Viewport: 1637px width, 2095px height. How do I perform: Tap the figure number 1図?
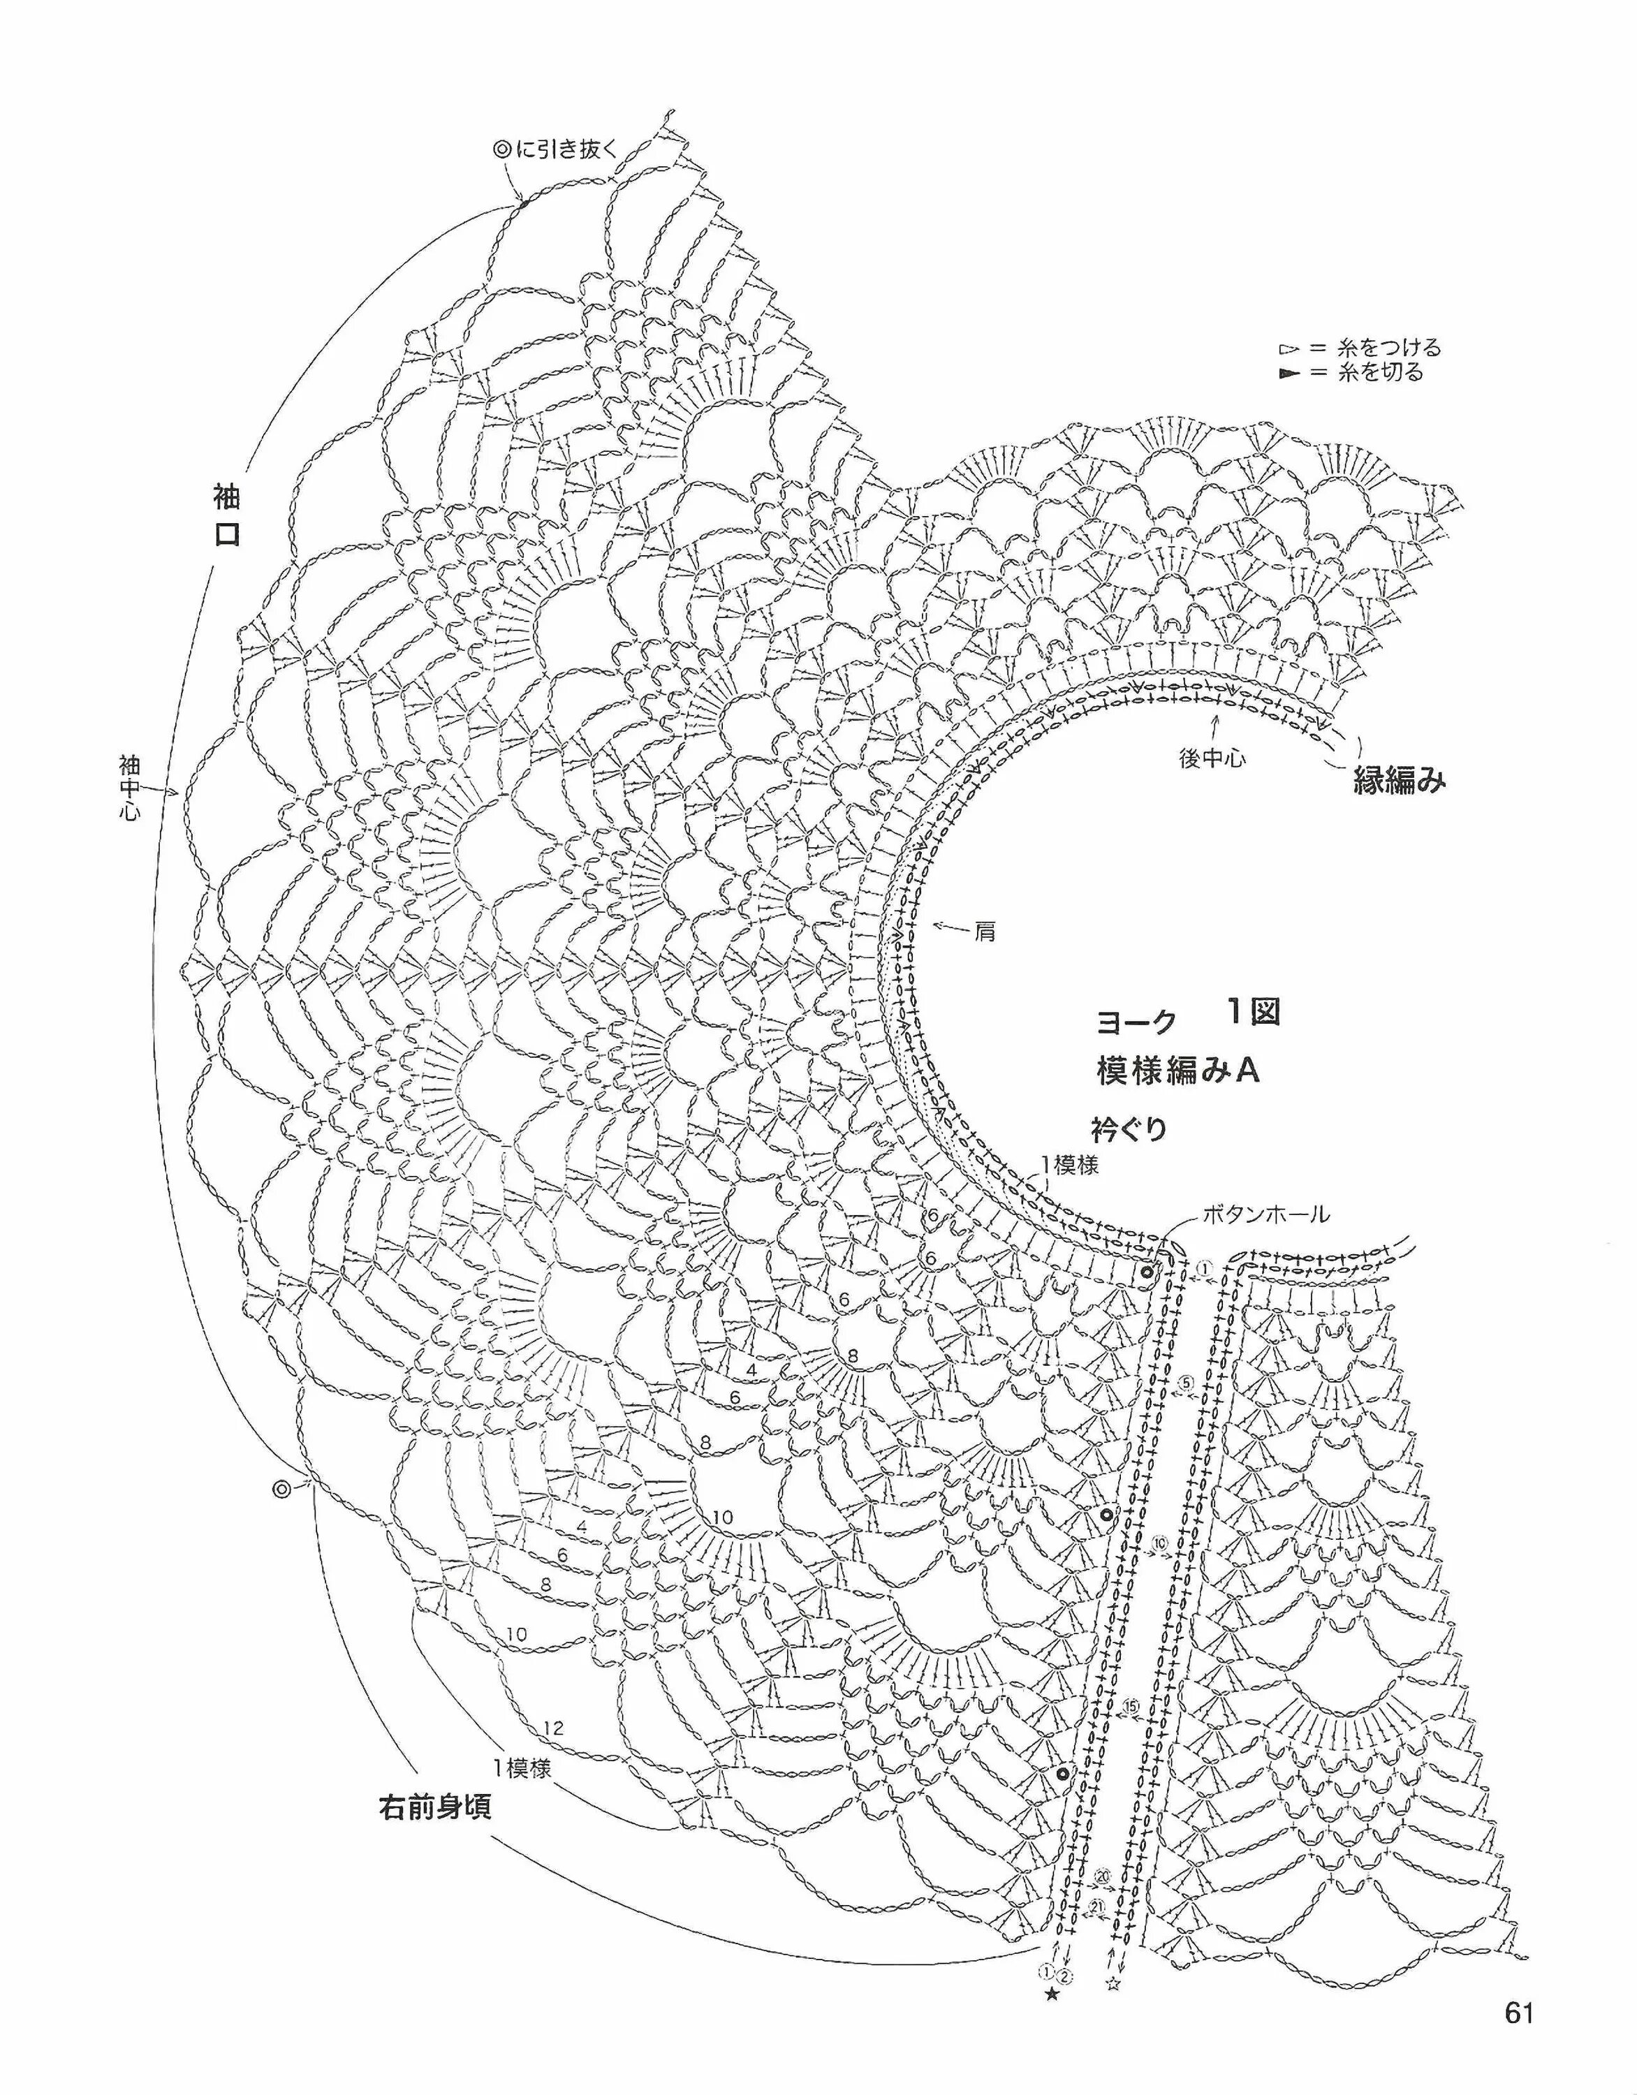point(1252,1011)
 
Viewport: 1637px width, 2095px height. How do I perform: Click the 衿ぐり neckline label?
point(1129,1129)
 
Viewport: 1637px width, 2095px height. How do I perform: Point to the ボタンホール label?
point(1267,1215)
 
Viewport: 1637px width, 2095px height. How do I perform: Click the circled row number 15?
point(1131,1707)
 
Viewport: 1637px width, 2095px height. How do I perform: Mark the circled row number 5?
point(1186,1383)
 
